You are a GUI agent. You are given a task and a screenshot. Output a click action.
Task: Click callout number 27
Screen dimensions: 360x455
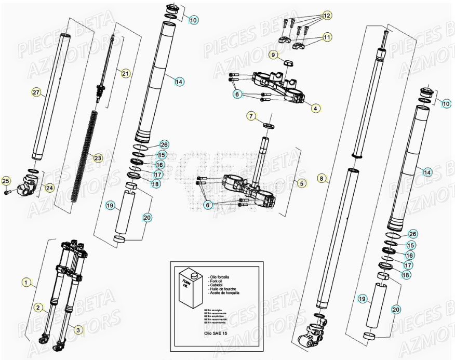point(36,92)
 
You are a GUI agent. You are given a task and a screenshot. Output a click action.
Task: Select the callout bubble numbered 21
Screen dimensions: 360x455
point(125,73)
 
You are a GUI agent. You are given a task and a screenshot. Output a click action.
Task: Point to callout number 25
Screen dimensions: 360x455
point(6,181)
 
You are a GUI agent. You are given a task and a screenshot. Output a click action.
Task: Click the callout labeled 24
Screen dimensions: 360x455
point(49,188)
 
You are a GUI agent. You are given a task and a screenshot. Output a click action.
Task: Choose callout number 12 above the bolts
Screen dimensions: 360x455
point(326,16)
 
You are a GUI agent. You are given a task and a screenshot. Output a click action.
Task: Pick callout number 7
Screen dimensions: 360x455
point(251,116)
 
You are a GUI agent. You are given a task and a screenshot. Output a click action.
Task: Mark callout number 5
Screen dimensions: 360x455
point(301,183)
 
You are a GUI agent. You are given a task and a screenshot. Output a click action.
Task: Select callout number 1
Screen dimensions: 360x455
point(26,282)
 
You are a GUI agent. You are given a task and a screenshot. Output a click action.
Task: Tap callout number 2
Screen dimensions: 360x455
point(38,307)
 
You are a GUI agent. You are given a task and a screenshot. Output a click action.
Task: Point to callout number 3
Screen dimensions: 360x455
point(78,330)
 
